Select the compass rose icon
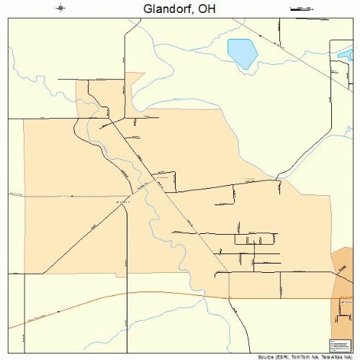[61, 9]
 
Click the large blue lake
[243, 53]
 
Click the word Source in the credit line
[264, 356]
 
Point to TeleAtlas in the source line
[330, 356]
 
